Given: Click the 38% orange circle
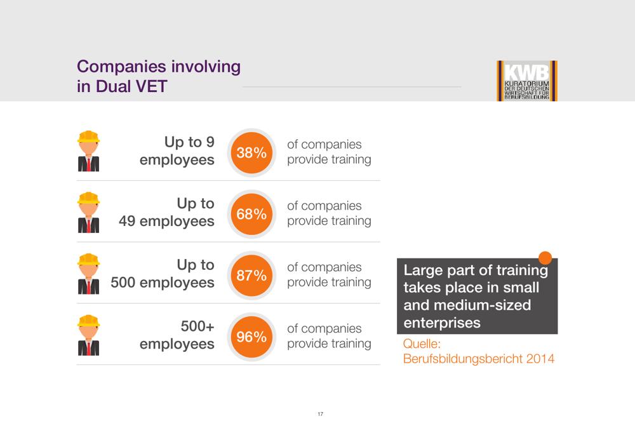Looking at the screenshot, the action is point(251,152).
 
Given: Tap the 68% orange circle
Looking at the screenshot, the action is point(251,214).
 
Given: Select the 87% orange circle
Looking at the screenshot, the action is point(251,276).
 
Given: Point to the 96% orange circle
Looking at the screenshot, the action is point(251,337).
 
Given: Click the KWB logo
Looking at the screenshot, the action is point(527,81).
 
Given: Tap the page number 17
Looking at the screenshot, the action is point(320,414).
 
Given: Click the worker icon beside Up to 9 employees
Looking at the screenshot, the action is point(88,151).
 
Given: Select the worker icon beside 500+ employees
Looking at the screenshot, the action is point(88,335).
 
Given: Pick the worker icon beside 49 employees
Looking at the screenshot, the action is point(88,213).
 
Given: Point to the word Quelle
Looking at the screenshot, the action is point(422,344).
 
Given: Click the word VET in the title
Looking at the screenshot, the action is point(152,86).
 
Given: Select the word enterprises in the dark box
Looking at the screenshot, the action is point(442,323).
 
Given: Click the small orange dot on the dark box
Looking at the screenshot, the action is point(545,258).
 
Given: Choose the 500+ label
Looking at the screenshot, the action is point(197,326).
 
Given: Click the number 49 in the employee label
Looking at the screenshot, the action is point(127,221).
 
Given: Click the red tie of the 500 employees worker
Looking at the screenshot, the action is point(89,286).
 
